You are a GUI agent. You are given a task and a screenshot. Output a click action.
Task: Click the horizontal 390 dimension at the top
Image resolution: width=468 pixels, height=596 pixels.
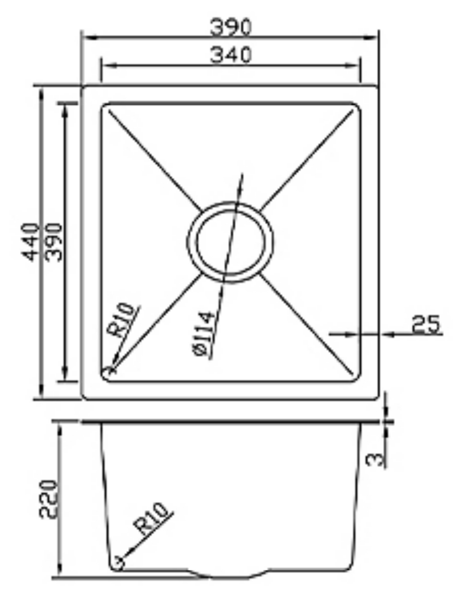230,27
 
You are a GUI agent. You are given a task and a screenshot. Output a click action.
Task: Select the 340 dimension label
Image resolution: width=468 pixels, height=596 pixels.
230,54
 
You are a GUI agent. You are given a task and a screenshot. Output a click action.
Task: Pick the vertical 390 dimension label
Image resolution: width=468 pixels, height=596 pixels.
53,242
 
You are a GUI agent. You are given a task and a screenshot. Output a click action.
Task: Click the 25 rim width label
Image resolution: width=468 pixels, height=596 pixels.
425,324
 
